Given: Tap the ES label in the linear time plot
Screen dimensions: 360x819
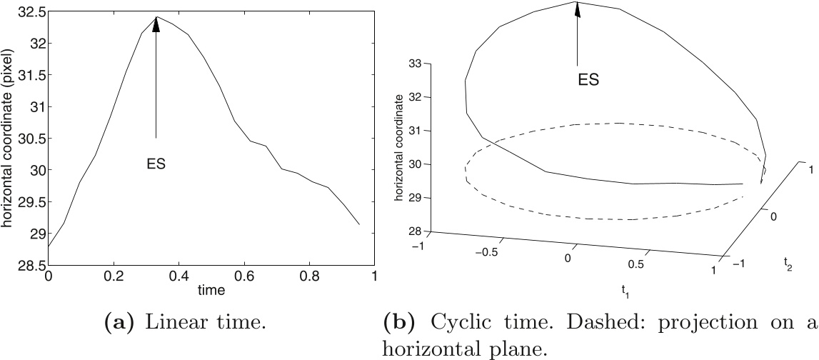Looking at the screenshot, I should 156,164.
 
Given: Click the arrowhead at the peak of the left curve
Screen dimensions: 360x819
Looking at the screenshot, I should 156,24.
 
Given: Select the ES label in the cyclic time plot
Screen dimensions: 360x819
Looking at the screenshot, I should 588,80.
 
